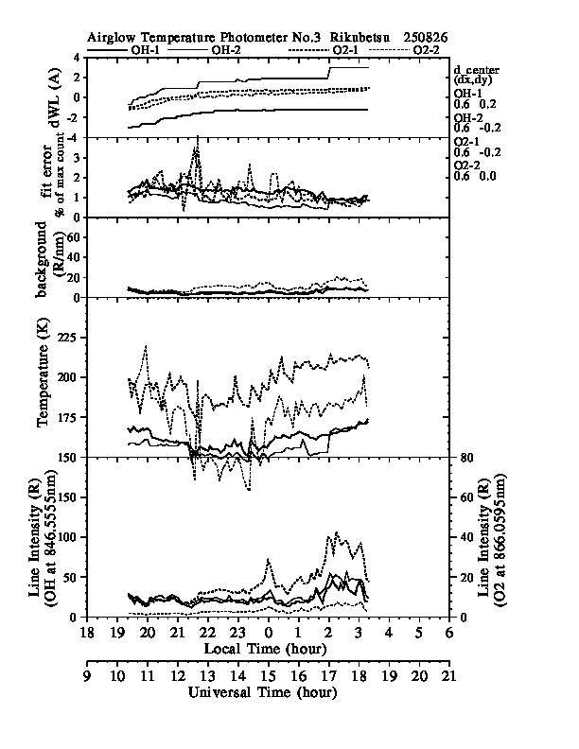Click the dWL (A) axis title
click(55, 98)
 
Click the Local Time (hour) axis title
click(266, 649)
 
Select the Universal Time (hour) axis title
click(266, 692)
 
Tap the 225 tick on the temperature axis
click(69, 338)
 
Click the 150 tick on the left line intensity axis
click(69, 497)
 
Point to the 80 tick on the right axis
click(464, 458)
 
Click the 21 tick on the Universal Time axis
click(447, 677)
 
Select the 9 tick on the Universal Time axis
click(86, 677)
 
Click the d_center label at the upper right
click(477, 71)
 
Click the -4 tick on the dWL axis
click(72, 137)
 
